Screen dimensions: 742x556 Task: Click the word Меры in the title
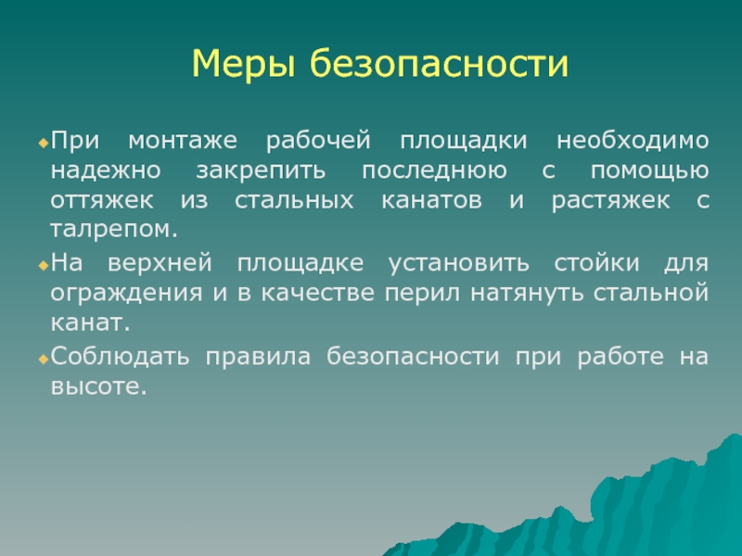(x=243, y=64)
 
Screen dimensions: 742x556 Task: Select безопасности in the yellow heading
(x=439, y=62)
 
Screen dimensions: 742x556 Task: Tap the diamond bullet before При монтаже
(x=44, y=143)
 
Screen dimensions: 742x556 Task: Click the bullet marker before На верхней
(x=44, y=265)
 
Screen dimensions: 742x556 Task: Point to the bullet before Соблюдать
(x=44, y=360)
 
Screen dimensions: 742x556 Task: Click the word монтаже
(x=183, y=141)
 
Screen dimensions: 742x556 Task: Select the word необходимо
(x=633, y=140)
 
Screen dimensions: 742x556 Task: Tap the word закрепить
(x=261, y=171)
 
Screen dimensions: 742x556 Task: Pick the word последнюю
(x=434, y=171)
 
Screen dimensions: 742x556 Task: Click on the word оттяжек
(x=102, y=200)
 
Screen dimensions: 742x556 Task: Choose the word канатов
(x=431, y=200)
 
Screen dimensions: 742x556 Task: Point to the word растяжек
(x=610, y=201)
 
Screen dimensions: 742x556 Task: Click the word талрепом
(x=113, y=230)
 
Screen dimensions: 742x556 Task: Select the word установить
(x=458, y=263)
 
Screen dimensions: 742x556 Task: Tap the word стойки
(x=596, y=263)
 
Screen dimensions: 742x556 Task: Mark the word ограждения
(x=126, y=294)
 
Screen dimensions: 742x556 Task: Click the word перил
(x=422, y=294)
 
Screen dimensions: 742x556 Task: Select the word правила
(x=258, y=357)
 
